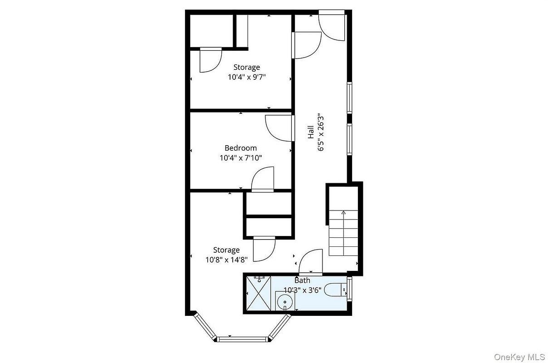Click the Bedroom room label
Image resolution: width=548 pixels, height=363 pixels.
point(241,148)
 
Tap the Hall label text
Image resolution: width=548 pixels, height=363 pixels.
point(311,132)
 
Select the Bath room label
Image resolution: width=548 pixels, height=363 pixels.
point(303,280)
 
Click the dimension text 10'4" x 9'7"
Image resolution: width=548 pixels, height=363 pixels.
point(247,77)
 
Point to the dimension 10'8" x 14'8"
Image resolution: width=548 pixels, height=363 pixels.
point(226,260)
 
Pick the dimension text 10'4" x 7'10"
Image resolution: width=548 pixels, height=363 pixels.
point(241,158)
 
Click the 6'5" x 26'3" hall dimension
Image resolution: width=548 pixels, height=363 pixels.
point(321,132)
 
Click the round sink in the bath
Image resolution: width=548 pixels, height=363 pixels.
point(285,302)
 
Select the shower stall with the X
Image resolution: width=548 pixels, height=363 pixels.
point(258,294)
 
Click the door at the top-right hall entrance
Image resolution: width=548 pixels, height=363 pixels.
point(332,25)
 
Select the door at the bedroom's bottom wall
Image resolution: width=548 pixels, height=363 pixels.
point(263,179)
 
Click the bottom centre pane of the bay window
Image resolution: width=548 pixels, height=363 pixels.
point(242,339)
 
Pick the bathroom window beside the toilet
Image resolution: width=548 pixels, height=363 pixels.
point(350,289)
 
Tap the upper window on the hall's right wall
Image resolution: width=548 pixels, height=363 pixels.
point(350,98)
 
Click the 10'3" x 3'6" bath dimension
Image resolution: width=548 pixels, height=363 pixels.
point(303,290)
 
